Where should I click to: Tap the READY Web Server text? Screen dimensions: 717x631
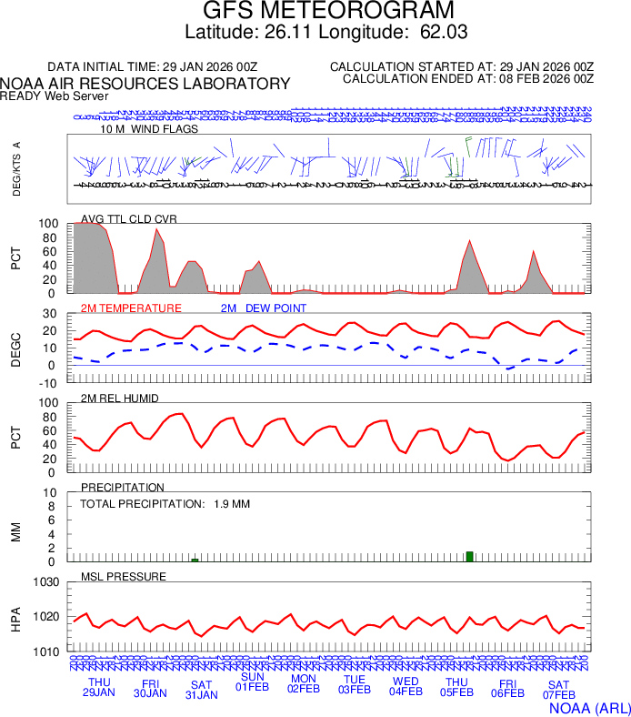click(55, 96)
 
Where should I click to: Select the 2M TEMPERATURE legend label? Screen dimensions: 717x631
click(131, 308)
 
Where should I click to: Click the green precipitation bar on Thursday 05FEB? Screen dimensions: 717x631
click(469, 556)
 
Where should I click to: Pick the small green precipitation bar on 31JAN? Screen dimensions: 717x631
click(195, 560)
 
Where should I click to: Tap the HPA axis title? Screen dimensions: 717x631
click(15, 618)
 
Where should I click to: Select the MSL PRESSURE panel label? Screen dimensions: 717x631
click(124, 577)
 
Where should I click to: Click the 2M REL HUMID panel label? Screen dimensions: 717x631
click(120, 399)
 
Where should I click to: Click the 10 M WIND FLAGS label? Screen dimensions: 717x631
click(149, 129)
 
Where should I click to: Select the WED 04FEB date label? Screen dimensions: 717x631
click(406, 686)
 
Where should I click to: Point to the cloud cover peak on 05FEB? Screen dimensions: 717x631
click(469, 241)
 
